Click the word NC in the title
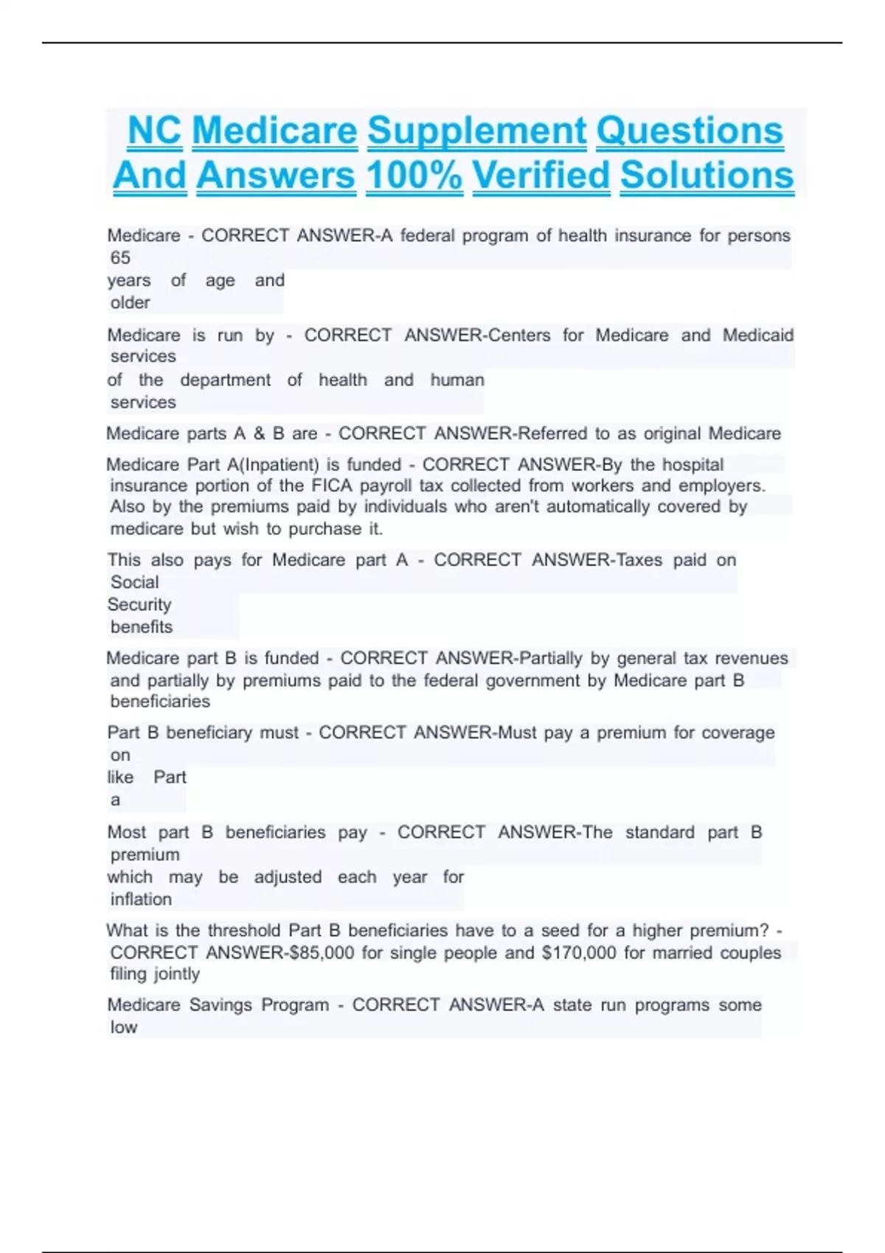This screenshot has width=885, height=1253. [154, 131]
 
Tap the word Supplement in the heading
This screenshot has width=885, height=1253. [476, 131]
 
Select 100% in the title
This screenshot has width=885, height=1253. [414, 175]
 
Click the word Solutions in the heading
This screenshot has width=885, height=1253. [707, 175]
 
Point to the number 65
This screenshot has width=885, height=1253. [120, 258]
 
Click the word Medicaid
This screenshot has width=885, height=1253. [757, 335]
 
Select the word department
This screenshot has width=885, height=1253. [225, 380]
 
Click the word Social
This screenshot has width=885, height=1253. [134, 582]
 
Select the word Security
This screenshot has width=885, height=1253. [139, 605]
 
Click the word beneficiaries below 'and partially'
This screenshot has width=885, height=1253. [160, 701]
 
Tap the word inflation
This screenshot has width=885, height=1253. [141, 899]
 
